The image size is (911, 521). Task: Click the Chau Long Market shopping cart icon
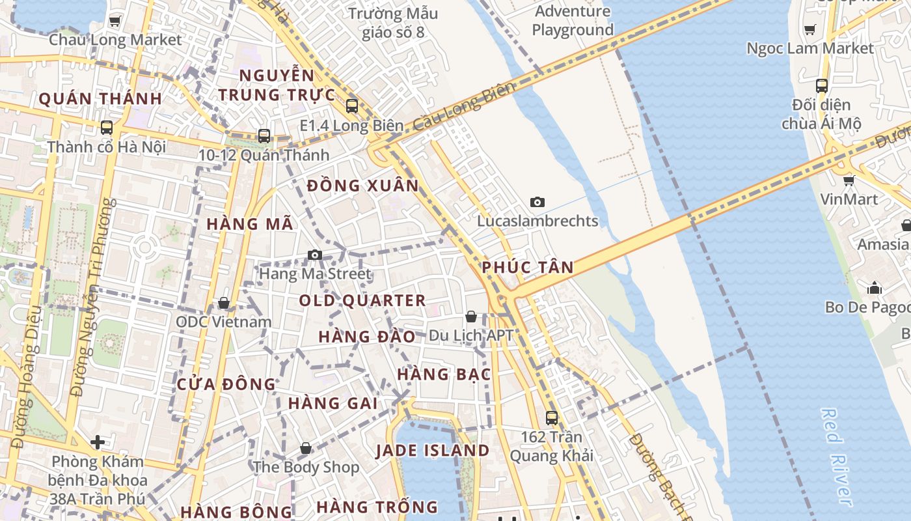[115, 21]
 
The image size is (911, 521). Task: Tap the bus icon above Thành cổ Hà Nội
[107, 128]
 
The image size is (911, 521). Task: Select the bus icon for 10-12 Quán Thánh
[264, 135]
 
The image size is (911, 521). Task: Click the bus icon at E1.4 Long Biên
[352, 106]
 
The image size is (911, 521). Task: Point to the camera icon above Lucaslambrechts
[537, 202]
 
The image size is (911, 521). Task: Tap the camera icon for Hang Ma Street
[315, 255]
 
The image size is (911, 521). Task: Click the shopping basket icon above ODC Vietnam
[224, 303]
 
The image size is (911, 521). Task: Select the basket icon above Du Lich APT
[471, 317]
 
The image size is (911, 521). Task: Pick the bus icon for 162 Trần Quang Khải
[552, 417]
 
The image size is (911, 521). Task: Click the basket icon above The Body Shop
[306, 448]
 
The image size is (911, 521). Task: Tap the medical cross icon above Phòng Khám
[98, 443]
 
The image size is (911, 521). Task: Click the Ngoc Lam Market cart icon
[810, 29]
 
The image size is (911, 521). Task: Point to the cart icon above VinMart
[849, 180]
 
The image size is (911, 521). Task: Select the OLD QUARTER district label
[362, 301]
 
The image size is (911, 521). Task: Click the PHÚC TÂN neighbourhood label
[528, 267]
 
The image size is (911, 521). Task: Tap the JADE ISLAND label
[433, 451]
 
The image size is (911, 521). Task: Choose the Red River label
[836, 456]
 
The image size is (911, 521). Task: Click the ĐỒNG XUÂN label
[363, 186]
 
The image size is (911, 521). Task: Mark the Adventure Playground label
[573, 21]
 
